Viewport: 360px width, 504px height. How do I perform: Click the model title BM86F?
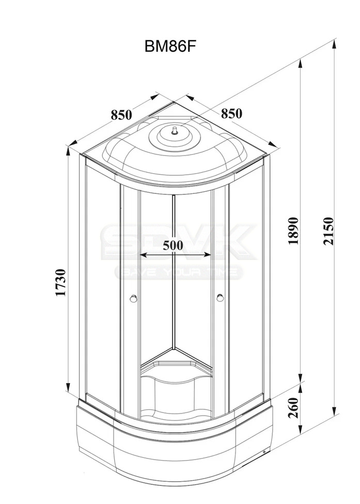tap(170, 47)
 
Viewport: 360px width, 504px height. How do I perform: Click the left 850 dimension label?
tap(121, 114)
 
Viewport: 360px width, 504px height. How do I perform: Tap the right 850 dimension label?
tap(231, 113)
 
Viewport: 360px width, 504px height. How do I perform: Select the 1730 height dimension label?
tap(60, 283)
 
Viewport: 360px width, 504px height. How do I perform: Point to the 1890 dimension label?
tap(293, 231)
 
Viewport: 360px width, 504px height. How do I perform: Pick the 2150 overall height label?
tap(328, 231)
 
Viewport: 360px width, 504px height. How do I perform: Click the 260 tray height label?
tap(293, 408)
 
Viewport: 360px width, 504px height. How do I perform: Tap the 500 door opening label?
tap(173, 245)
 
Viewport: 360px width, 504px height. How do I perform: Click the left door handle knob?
tap(133, 299)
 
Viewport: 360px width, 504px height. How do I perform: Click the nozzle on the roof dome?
tap(175, 131)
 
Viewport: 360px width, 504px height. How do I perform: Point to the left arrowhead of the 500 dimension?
tap(144, 255)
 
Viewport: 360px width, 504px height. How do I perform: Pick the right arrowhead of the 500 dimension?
tap(208, 255)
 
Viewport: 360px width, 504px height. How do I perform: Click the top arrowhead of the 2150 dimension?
tap(335, 44)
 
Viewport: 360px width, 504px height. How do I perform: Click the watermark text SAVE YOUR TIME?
tap(179, 272)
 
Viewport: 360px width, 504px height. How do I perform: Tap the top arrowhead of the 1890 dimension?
tap(301, 64)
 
